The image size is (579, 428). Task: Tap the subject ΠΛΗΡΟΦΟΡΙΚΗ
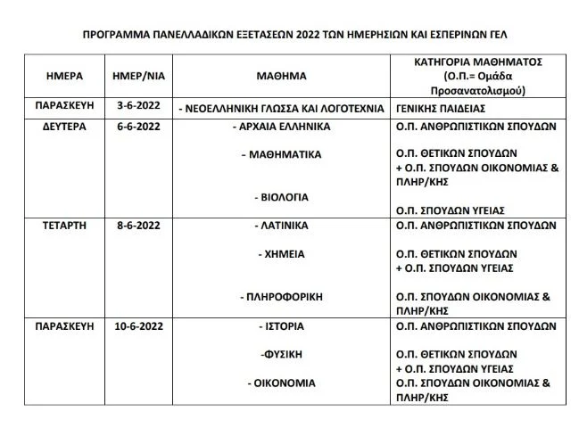[282, 295]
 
